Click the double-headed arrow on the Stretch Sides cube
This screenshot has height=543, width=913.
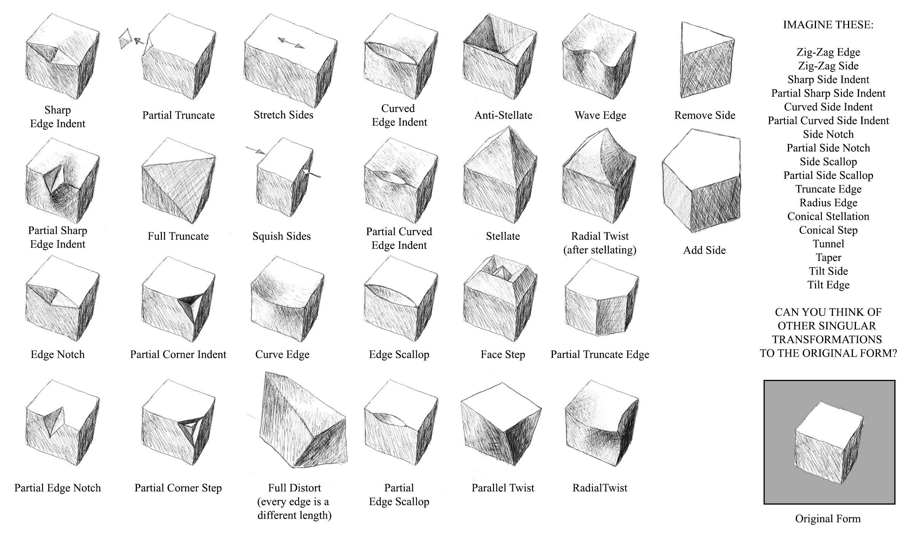[291, 43]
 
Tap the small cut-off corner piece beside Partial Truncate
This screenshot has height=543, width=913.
[125, 39]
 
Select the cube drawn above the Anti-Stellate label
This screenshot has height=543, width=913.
[500, 56]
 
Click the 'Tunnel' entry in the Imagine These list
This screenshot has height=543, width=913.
[828, 244]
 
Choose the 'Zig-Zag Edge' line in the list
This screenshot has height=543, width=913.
[828, 52]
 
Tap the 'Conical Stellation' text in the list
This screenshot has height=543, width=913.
[828, 216]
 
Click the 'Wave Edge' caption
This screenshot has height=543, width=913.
[600, 115]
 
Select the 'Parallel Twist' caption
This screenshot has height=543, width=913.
[503, 488]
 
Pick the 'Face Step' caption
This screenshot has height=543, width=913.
[503, 355]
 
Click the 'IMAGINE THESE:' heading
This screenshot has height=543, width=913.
[828, 25]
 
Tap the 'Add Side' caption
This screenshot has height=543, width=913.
[704, 250]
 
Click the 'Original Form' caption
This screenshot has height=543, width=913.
[828, 519]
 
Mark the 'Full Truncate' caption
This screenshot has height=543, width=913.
[178, 236]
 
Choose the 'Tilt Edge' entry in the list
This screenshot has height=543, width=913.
[828, 285]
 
